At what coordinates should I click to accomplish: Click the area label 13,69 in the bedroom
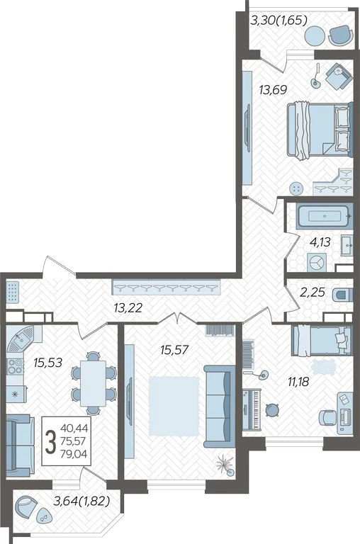coord(274,90)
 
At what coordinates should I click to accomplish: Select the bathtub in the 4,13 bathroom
coord(325,216)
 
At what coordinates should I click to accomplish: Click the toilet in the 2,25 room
coord(342,295)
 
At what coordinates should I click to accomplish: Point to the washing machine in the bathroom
coord(317,262)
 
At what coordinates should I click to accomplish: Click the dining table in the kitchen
coord(93,383)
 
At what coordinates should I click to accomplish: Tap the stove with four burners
coord(16,366)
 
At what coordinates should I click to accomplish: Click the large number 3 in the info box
coord(51,441)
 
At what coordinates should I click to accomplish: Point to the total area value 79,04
coord(74,453)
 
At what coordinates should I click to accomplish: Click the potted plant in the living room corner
coord(224,465)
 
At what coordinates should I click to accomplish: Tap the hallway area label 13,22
coord(128,307)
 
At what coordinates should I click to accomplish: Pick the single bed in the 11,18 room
coord(322,340)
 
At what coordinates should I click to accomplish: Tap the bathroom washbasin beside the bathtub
coord(347,245)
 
